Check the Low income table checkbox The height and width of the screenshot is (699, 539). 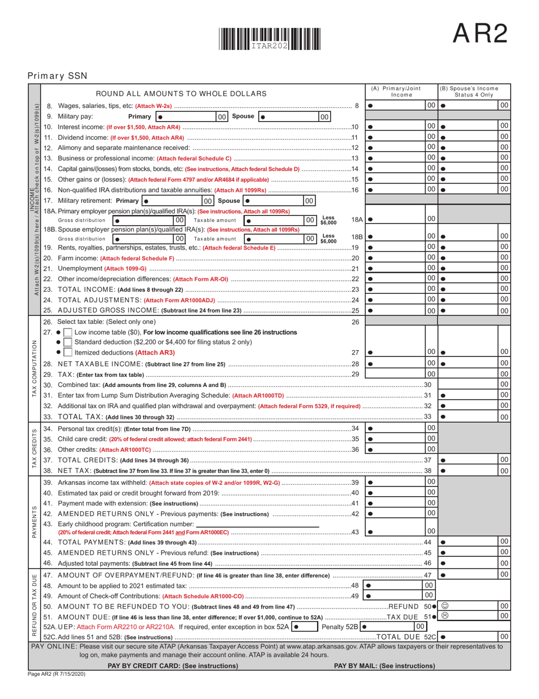click(x=68, y=332)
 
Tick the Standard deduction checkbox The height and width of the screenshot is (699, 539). click(x=68, y=342)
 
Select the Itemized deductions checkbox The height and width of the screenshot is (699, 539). click(x=68, y=352)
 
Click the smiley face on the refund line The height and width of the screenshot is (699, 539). click(x=445, y=606)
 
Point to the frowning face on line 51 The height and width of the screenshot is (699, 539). click(x=445, y=615)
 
